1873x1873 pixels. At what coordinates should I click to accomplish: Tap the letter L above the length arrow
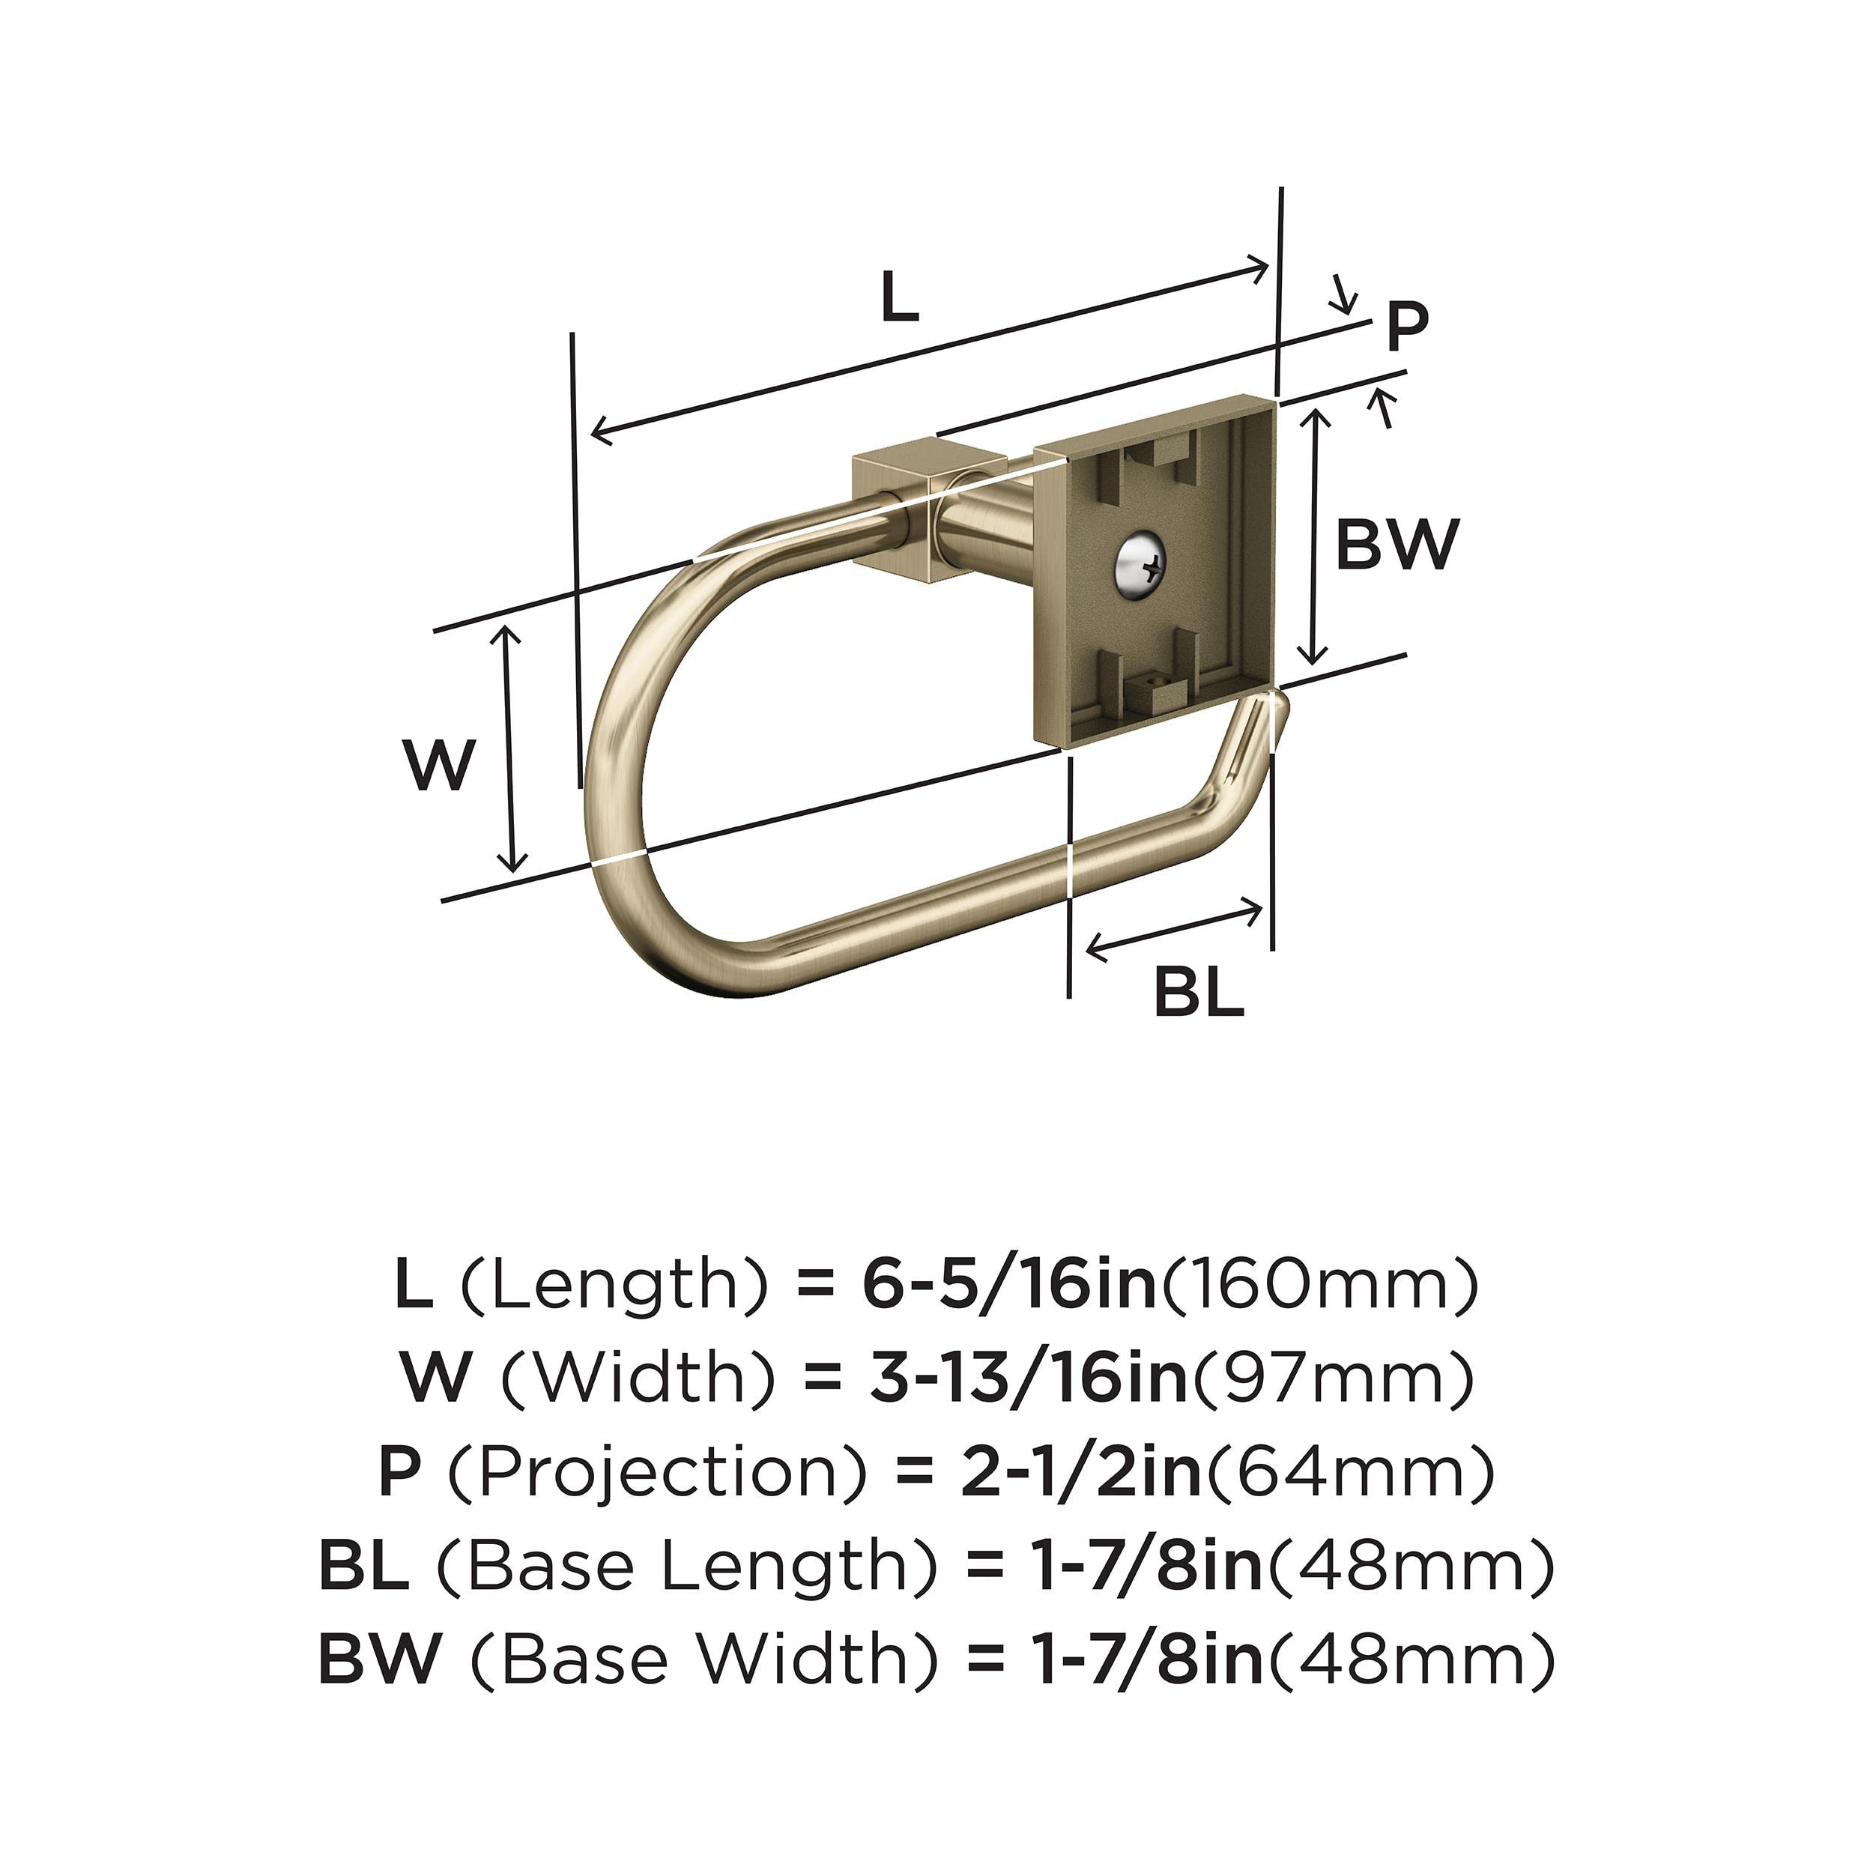(899, 297)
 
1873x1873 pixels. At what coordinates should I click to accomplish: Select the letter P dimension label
(1407, 327)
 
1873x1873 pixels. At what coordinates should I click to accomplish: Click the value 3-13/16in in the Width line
(1029, 1378)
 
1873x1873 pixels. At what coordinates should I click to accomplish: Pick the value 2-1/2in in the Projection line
(1082, 1471)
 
